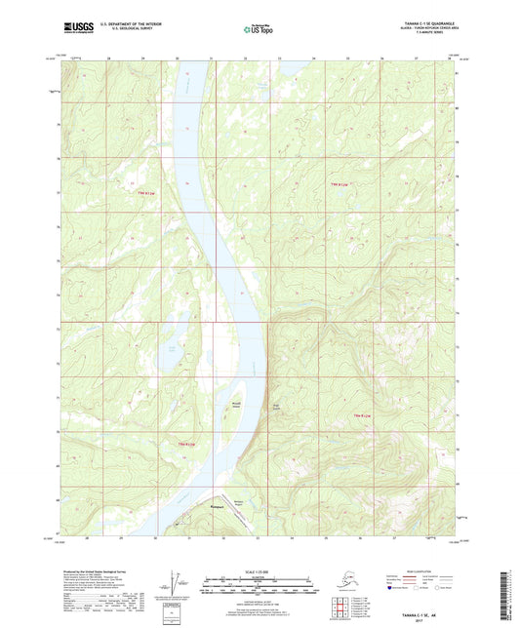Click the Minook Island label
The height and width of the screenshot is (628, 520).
(x=236, y=401)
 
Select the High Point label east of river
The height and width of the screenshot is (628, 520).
(x=274, y=406)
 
